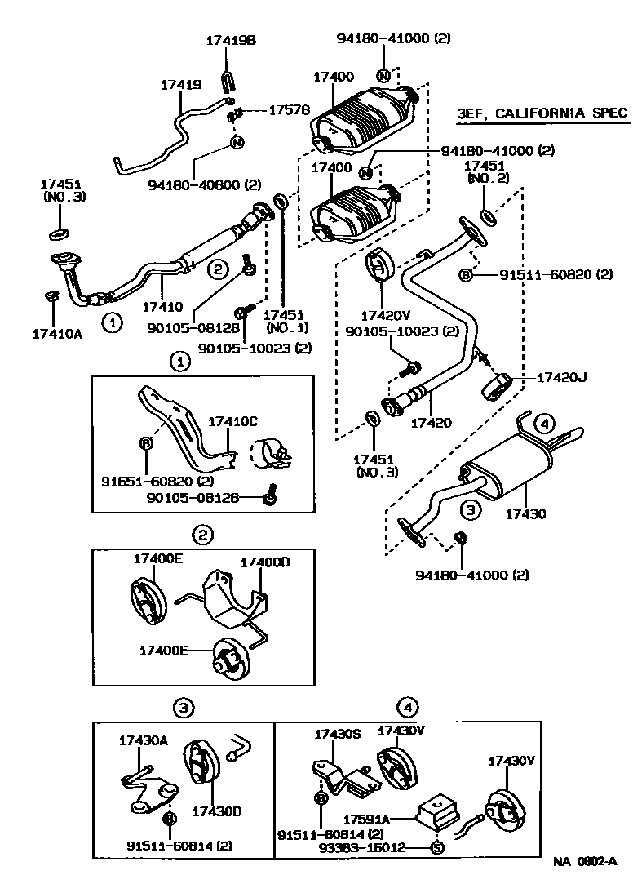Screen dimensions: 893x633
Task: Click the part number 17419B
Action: [x=230, y=40]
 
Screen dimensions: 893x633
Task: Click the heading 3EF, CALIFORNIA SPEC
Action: [x=542, y=113]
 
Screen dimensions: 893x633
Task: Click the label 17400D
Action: [x=264, y=563]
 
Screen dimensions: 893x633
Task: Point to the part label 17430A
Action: [x=143, y=741]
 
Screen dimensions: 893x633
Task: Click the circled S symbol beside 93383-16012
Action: [x=436, y=847]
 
